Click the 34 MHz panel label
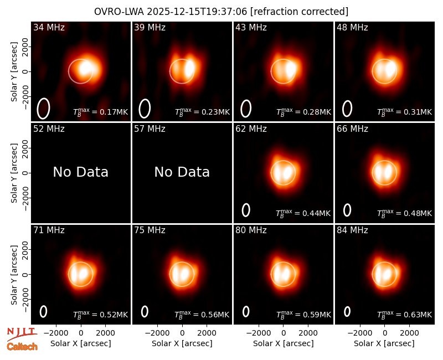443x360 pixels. tap(49, 27)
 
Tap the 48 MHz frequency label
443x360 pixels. tap(352, 27)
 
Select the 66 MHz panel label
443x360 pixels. tap(352, 129)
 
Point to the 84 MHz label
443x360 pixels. tap(352, 230)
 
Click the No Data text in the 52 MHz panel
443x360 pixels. tap(80, 172)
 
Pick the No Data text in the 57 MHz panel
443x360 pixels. tap(182, 172)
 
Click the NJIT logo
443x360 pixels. tap(22, 334)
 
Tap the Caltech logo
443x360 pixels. tap(22, 347)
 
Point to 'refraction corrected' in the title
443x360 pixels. tap(300, 12)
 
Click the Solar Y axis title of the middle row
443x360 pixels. tap(14, 173)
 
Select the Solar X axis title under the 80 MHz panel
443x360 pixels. tap(284, 343)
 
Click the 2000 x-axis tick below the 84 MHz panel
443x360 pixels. tap(409, 333)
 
